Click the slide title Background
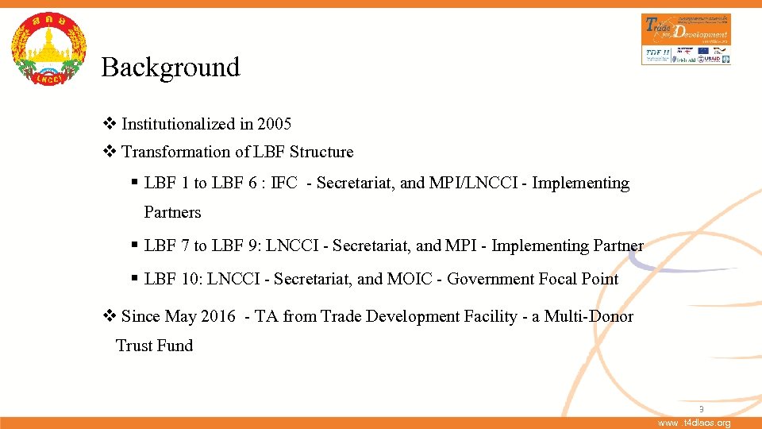point(170,68)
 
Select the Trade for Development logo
point(686,38)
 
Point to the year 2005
point(275,124)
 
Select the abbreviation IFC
point(284,184)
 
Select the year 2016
point(218,317)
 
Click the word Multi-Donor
point(588,317)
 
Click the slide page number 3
point(701,409)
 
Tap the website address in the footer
point(695,423)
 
